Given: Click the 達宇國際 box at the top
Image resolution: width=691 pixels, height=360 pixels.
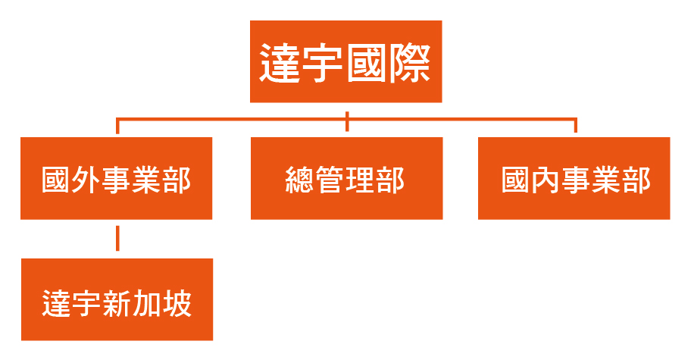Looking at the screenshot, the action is (x=346, y=61).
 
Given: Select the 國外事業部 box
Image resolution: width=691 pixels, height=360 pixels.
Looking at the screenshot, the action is (x=117, y=178).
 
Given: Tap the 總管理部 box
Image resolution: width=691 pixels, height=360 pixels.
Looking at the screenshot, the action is (x=347, y=178).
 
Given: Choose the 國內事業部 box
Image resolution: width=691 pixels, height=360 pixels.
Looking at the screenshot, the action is (x=574, y=178).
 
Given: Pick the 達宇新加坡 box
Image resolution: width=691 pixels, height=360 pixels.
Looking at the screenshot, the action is (x=117, y=299).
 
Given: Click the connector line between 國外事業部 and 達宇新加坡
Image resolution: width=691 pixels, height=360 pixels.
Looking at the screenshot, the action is (x=117, y=239).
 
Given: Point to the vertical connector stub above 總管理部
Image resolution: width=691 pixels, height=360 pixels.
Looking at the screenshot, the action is (x=347, y=121).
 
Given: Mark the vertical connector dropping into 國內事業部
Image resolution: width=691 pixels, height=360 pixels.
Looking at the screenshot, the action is (x=576, y=126).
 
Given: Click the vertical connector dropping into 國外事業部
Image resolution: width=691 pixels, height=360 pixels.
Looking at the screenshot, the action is (x=117, y=126).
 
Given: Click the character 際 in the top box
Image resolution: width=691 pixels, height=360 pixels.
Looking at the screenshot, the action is (x=409, y=63).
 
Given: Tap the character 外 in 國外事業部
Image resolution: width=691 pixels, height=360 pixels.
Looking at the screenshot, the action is (x=86, y=180).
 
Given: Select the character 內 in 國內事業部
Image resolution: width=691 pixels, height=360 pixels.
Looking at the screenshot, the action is (x=546, y=180).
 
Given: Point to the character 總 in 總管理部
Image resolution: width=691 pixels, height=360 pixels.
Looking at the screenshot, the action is (x=300, y=180).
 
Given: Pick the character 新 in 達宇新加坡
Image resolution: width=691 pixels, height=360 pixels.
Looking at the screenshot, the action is (x=117, y=304).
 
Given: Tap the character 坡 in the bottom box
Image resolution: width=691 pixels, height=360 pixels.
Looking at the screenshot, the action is (x=177, y=304).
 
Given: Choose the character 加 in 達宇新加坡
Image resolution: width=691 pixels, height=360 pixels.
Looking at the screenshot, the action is (x=147, y=304).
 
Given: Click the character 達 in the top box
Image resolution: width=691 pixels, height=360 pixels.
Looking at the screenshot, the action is (x=280, y=63).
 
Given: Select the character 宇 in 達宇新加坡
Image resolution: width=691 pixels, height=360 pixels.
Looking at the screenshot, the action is (x=86, y=304).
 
